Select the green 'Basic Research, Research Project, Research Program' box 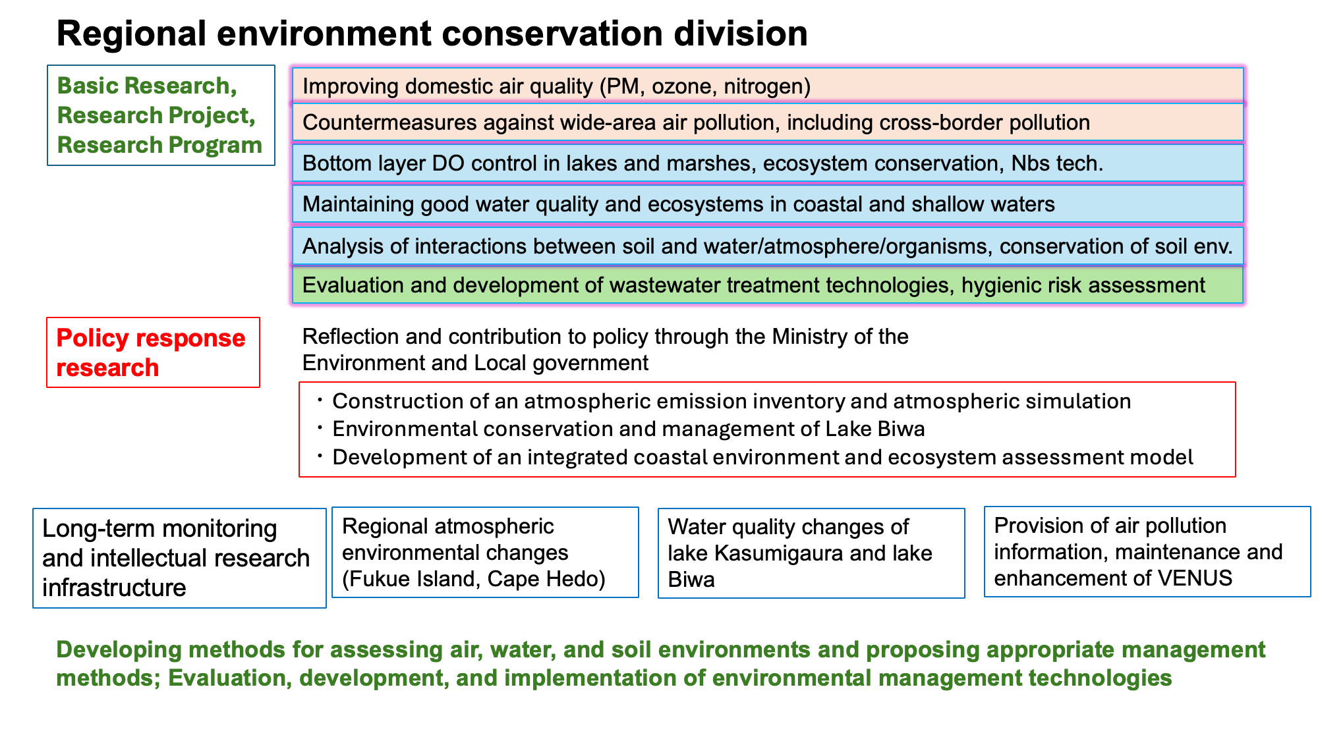point(161,115)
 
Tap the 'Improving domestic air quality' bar point(768,86)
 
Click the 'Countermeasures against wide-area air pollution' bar point(768,123)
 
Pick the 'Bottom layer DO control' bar point(768,163)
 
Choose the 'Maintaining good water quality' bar point(768,204)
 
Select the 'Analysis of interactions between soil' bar point(768,246)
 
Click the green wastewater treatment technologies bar point(768,285)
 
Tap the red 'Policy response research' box point(153,352)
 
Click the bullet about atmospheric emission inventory point(731,401)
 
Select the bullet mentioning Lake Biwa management point(629,429)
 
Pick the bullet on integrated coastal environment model point(762,457)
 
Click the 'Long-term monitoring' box point(179,558)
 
